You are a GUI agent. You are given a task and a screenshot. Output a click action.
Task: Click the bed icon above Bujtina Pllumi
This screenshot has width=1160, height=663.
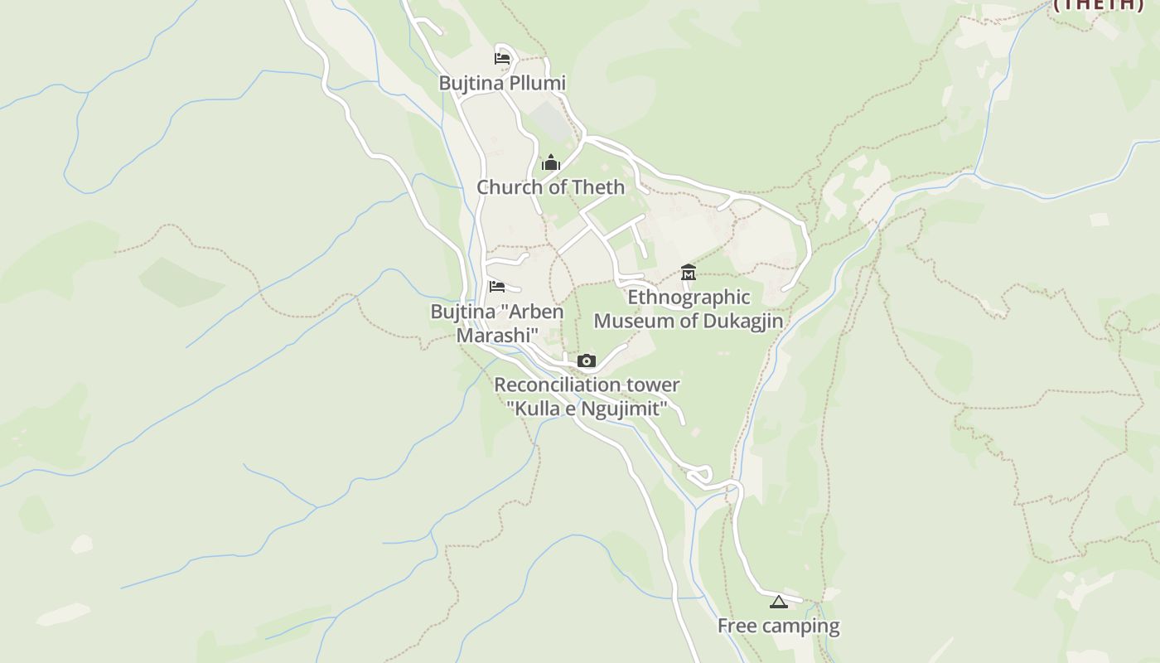pos(501,58)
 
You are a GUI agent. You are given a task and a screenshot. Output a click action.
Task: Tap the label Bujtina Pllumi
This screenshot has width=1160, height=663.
pos(502,83)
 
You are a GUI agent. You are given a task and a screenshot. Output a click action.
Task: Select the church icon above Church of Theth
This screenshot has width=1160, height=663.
pos(551,162)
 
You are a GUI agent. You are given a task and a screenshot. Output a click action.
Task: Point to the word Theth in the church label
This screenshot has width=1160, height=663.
pos(599,187)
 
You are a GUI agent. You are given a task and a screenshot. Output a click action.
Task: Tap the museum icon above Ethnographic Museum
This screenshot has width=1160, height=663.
pos(688,272)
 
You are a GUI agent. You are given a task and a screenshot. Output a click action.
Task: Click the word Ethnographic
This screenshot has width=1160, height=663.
pos(689,298)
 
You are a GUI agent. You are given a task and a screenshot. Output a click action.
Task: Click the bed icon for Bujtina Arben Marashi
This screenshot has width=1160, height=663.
pos(497,287)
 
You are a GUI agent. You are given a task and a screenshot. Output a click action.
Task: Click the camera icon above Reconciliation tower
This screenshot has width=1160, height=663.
pos(587,361)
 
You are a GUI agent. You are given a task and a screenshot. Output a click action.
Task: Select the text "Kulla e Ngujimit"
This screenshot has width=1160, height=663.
pos(587,409)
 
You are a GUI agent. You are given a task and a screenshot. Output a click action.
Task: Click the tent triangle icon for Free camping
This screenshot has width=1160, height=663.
pos(777,602)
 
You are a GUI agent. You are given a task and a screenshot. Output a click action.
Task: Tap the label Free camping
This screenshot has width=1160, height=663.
pos(778,627)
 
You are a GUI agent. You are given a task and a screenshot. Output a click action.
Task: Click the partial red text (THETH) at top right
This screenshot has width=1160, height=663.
pos(1099,4)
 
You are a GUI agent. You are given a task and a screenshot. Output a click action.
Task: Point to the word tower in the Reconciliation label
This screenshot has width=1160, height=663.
pos(652,385)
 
